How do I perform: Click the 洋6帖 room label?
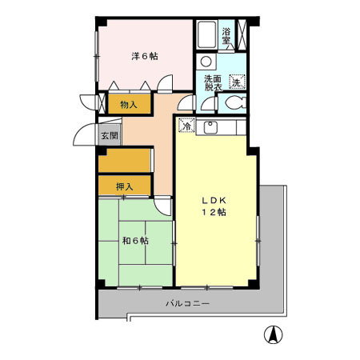click(145, 56)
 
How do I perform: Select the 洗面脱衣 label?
click(213, 82)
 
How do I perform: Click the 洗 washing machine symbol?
click(237, 81)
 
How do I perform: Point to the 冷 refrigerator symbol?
click(186, 126)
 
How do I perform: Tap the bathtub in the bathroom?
click(206, 36)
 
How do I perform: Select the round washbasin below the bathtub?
click(206, 61)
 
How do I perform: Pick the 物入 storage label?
click(129, 104)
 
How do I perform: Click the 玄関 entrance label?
click(109, 135)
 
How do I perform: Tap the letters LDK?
click(213, 200)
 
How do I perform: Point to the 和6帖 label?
click(134, 240)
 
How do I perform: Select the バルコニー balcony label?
click(188, 304)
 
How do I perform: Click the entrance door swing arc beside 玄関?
click(86, 136)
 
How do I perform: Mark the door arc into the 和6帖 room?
click(162, 206)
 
